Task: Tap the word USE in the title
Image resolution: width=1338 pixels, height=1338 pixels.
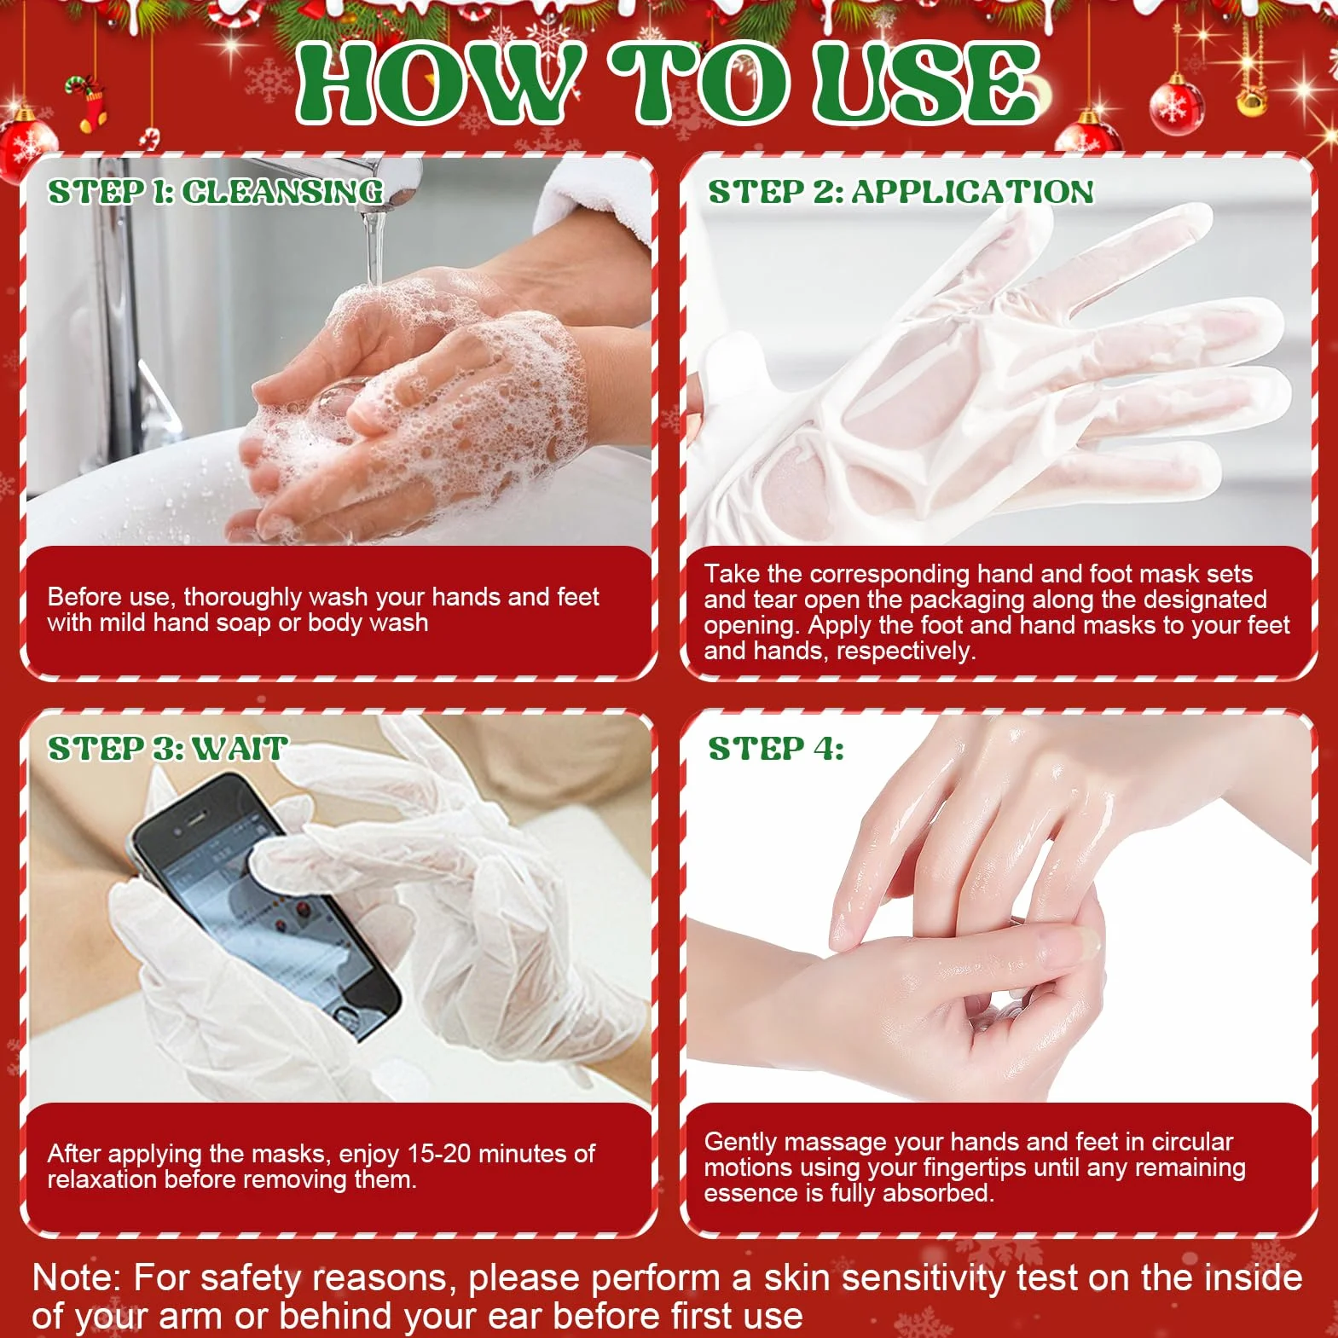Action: click(925, 82)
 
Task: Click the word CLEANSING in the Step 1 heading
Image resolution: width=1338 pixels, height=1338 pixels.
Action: click(282, 192)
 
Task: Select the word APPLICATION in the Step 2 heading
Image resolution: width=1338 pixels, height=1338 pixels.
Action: click(972, 192)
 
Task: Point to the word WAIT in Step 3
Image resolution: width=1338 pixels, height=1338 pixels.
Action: click(240, 749)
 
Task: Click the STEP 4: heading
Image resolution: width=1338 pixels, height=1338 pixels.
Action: click(776, 749)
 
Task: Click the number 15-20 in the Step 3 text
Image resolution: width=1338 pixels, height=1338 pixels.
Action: click(439, 1154)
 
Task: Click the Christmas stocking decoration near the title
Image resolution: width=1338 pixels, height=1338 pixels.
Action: click(88, 102)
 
